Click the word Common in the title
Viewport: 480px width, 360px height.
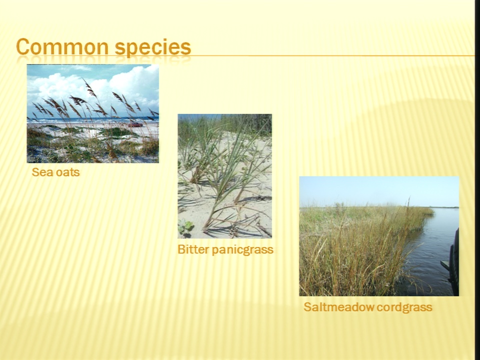tap(62, 47)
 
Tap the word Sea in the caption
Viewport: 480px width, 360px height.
tap(40, 172)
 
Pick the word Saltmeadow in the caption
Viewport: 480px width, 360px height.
tap(338, 306)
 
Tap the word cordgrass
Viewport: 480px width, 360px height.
tap(404, 307)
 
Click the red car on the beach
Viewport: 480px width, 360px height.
tap(135, 124)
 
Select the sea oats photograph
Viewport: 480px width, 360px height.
tap(93, 113)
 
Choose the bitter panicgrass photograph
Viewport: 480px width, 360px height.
tap(224, 176)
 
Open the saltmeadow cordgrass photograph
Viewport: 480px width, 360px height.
tap(379, 236)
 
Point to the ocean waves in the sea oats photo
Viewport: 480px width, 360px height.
tap(92, 119)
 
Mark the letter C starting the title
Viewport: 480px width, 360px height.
tap(23, 47)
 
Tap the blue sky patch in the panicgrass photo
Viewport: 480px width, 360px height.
tap(199, 117)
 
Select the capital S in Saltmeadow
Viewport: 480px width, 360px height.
tap(307, 306)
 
